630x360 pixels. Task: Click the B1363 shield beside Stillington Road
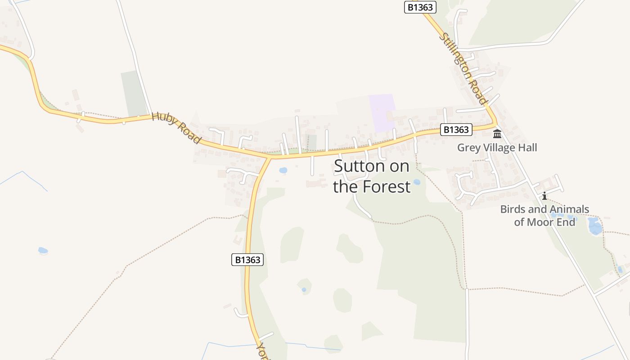[x=420, y=7]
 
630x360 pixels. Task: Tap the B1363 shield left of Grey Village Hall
[x=456, y=130]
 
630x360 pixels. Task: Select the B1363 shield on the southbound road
[x=247, y=260]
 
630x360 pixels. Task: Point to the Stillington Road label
[x=464, y=68]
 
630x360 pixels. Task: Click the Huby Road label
[x=176, y=128]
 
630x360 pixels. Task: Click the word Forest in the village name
[x=386, y=187]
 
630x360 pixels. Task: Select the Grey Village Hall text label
[x=497, y=148]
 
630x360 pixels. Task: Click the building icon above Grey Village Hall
[x=497, y=134]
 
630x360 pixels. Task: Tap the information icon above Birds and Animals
[x=544, y=196]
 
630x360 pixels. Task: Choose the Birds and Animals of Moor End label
[x=544, y=216]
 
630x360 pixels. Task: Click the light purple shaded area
[x=382, y=112]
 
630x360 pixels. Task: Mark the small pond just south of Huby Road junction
[x=283, y=171]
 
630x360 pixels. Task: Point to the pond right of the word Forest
[x=417, y=182]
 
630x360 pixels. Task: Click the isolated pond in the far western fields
[x=43, y=250]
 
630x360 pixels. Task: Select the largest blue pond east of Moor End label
[x=595, y=226]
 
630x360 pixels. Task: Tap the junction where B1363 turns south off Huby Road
[x=270, y=158]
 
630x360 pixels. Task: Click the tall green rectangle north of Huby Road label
[x=134, y=94]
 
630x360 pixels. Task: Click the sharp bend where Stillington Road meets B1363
[x=496, y=124]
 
